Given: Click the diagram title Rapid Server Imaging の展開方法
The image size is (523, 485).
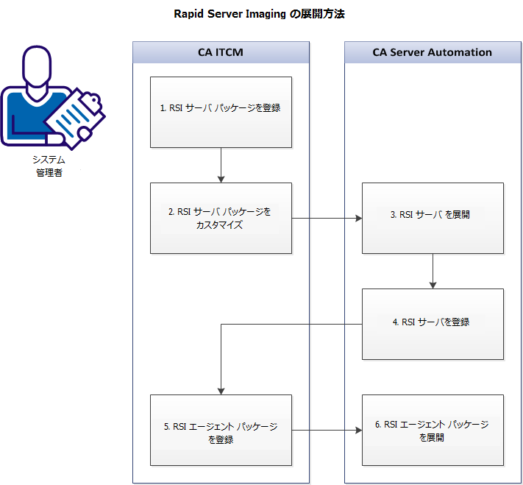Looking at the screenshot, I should tap(259, 14).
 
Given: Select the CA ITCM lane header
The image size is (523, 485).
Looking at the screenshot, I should tap(221, 52).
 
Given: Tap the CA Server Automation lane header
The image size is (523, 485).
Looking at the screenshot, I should tap(432, 52).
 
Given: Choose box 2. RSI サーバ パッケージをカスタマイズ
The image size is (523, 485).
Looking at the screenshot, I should tap(221, 218).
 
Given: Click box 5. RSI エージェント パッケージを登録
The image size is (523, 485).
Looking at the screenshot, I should tap(221, 430).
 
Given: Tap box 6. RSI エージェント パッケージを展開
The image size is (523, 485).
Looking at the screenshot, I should tap(433, 430).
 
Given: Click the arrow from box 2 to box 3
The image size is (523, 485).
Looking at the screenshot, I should tap(327, 219).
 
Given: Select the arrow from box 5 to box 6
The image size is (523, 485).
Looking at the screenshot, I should tap(327, 431).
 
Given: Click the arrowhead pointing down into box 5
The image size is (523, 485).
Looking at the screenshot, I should tap(221, 391).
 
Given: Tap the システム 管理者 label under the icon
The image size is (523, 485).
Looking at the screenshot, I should tap(49, 166).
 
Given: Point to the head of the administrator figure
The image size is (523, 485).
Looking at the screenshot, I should tap(38, 67).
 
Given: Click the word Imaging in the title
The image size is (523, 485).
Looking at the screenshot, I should tap(264, 14).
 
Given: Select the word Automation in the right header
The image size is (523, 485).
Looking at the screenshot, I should tap(463, 52).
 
